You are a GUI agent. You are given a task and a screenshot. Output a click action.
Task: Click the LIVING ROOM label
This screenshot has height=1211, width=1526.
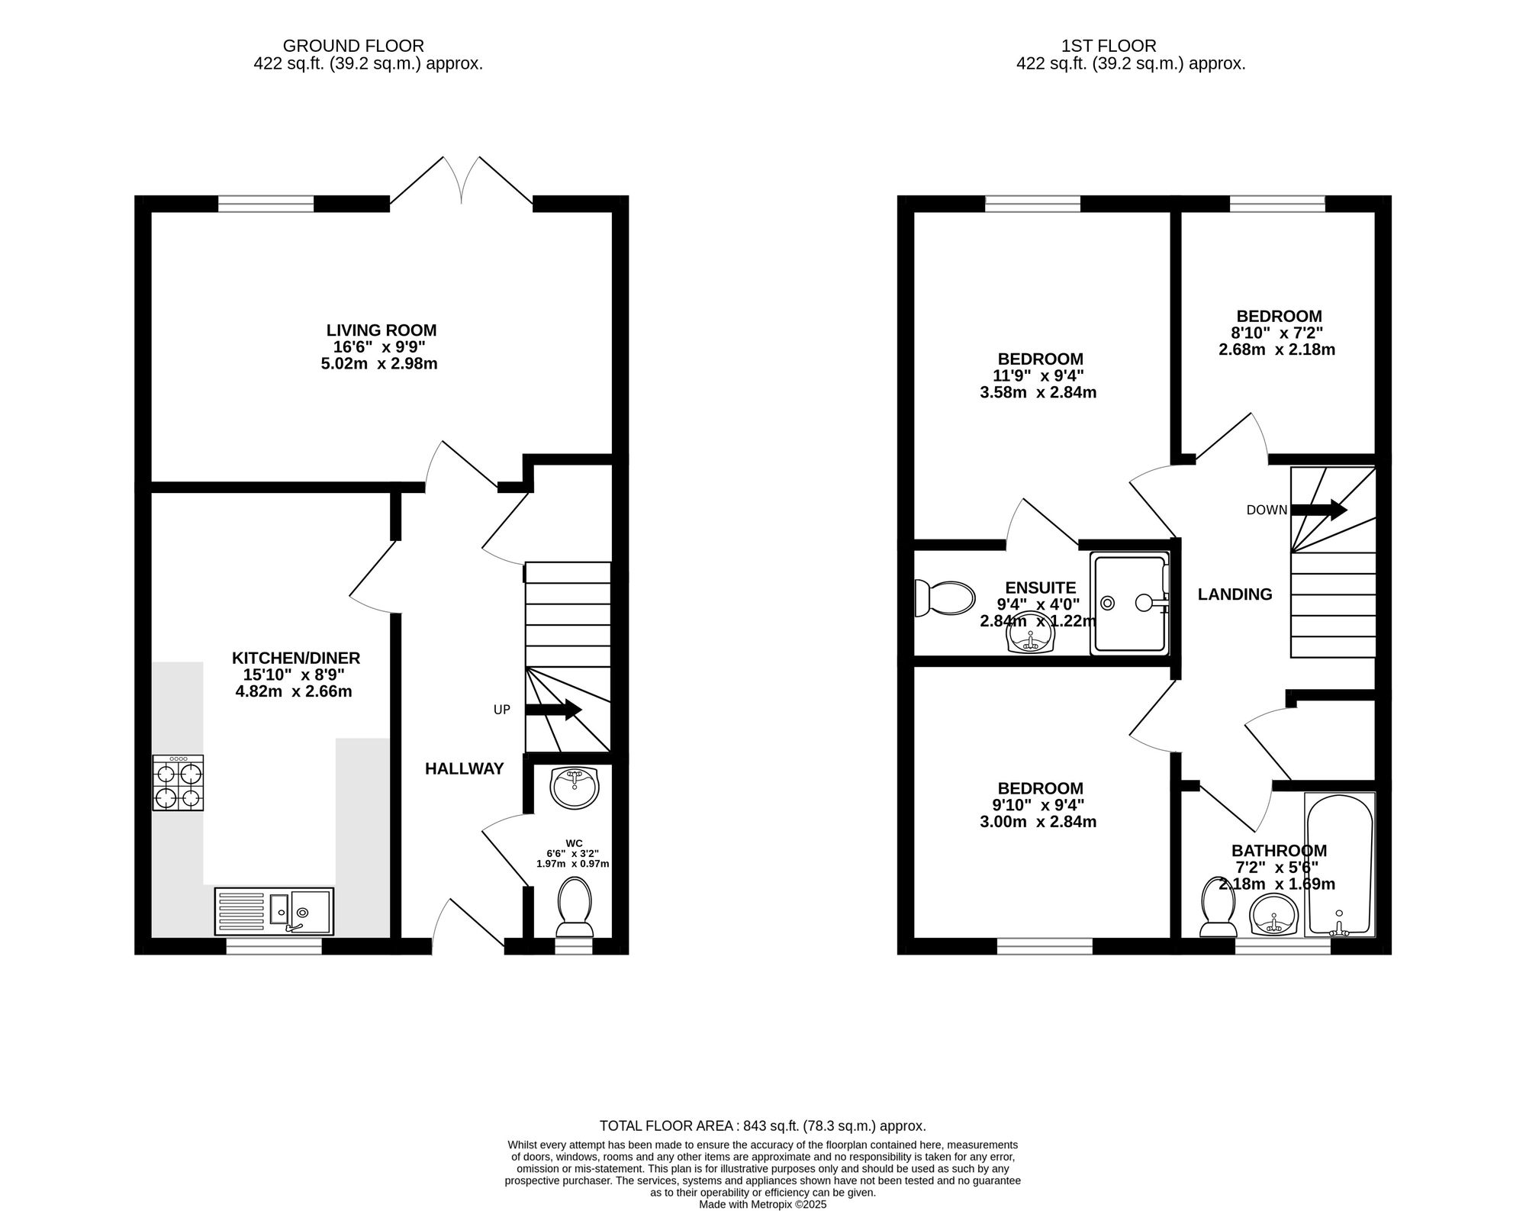(x=381, y=330)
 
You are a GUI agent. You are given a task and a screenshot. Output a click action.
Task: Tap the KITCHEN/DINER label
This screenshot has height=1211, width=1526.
(x=296, y=658)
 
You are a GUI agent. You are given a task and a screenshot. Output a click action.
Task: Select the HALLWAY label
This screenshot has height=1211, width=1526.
(x=465, y=769)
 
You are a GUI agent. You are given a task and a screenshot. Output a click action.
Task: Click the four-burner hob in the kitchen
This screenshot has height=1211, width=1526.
(x=178, y=783)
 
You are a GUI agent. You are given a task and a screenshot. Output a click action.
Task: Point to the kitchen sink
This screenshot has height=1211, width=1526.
(x=274, y=911)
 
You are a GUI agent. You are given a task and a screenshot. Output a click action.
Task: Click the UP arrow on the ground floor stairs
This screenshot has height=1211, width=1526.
(x=554, y=710)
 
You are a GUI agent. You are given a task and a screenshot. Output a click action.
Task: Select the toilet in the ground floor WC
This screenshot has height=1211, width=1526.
(x=575, y=907)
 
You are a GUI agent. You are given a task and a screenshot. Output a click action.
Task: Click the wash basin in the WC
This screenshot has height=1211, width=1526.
(x=575, y=788)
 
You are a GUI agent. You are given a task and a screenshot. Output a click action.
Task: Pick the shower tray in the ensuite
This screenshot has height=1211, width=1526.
(x=1131, y=604)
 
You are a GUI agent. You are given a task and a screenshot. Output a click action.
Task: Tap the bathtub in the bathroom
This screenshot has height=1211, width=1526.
(x=1340, y=865)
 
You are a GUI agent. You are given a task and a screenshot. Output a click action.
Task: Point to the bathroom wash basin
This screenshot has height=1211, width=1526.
(x=1275, y=915)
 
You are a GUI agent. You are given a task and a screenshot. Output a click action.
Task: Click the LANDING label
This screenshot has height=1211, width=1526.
(x=1235, y=594)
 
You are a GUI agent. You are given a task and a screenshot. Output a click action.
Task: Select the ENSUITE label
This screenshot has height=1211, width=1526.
(x=1041, y=588)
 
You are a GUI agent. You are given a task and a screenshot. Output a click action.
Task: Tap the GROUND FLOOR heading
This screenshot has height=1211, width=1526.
(x=353, y=47)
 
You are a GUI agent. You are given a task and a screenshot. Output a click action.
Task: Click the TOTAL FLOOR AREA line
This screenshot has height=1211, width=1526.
(x=763, y=1126)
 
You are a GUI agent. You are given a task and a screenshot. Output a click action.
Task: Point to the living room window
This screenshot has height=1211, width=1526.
(x=266, y=204)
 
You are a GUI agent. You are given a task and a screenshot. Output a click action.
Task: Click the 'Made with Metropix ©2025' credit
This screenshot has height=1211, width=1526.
(x=763, y=1204)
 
